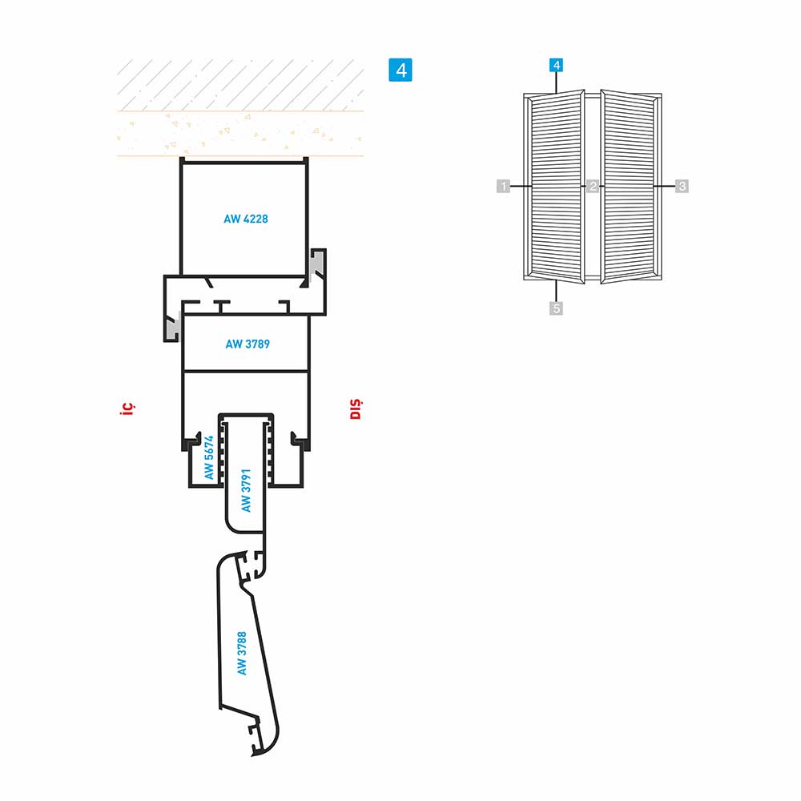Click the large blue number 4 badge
(x=400, y=70)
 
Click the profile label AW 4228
(x=246, y=219)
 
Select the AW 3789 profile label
(x=248, y=344)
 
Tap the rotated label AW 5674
(x=209, y=457)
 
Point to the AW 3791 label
(x=246, y=490)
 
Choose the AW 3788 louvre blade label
(x=242, y=654)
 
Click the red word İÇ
(x=127, y=408)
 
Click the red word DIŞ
(x=356, y=409)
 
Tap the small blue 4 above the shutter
(x=557, y=66)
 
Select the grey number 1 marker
(x=504, y=186)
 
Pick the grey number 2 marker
(x=593, y=186)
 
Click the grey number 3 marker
(x=682, y=186)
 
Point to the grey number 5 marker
(x=557, y=308)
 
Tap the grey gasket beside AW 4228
(x=316, y=267)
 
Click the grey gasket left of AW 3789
(x=172, y=326)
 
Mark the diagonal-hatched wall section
(x=240, y=85)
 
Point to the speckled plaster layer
(x=240, y=133)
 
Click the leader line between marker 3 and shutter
(x=664, y=186)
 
